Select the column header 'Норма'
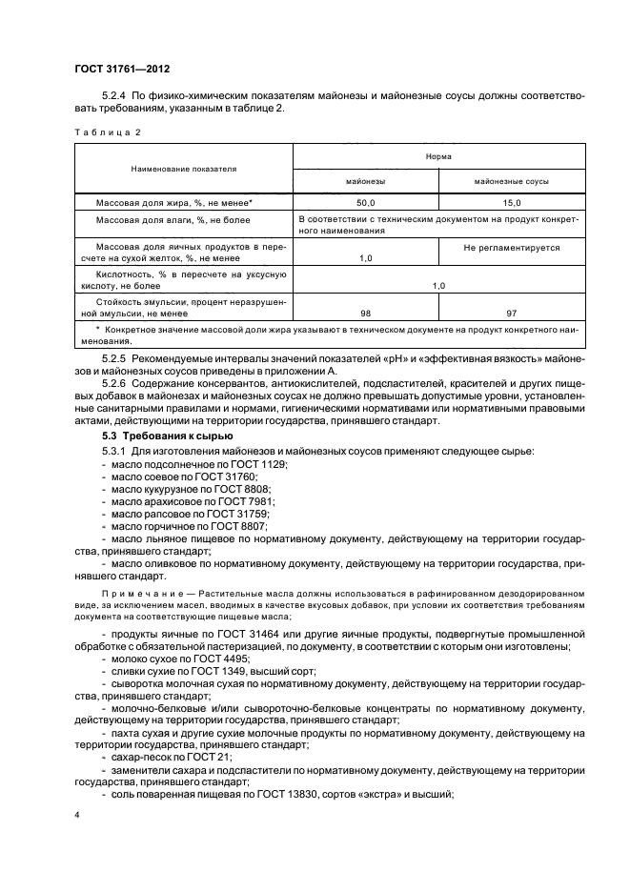point(437,154)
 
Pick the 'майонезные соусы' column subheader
point(511,180)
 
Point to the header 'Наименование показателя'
point(185,167)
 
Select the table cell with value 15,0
point(511,203)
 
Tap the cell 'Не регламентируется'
point(511,247)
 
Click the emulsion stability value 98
point(365,312)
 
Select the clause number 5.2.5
point(115,357)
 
